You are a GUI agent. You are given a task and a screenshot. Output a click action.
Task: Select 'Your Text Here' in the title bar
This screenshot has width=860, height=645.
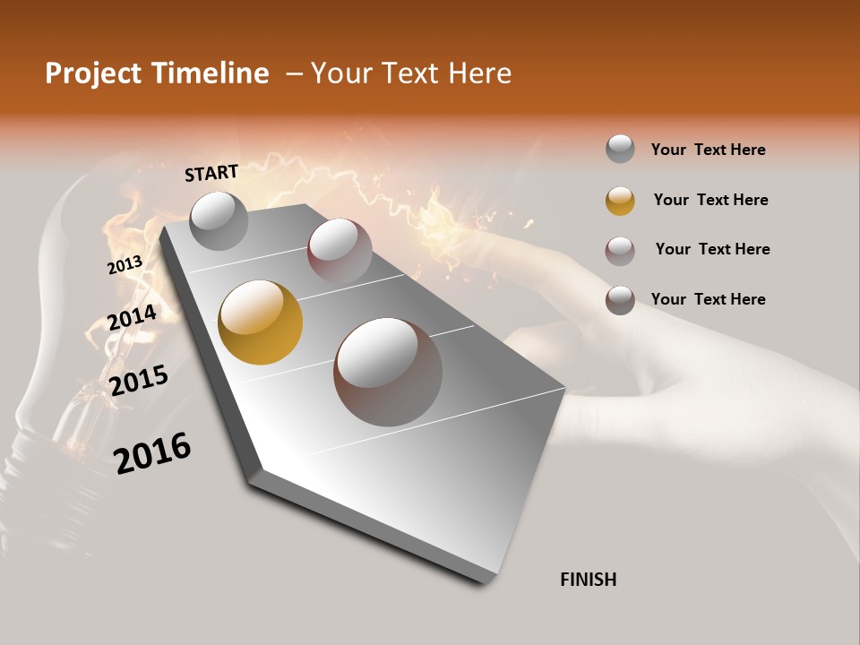411,73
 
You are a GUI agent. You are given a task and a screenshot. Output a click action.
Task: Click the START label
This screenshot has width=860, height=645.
211,173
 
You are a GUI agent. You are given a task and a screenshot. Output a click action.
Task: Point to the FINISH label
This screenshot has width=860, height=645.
589,580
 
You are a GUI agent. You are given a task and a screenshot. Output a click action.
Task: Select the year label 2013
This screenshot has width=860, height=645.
125,265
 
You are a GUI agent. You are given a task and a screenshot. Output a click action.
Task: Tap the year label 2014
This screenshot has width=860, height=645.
132,317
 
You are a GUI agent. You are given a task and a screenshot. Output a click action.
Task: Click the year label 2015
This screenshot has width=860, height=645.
139,380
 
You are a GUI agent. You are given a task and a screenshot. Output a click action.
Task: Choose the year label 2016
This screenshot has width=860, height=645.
152,452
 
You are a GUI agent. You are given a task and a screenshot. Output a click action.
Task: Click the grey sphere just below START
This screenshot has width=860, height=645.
219,220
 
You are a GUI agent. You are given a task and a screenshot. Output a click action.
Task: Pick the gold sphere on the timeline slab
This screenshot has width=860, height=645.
261,322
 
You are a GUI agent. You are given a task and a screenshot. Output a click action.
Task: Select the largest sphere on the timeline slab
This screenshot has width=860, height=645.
388,372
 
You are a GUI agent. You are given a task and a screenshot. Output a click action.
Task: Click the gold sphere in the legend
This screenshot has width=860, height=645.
620,201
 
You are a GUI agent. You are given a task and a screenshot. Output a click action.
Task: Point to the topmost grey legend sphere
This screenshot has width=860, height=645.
620,149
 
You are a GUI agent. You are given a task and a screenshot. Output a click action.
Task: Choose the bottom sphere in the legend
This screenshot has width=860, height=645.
620,300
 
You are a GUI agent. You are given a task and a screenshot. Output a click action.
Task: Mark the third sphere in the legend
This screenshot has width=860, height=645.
620,251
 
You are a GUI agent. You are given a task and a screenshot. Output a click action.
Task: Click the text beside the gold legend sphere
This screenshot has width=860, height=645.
710,200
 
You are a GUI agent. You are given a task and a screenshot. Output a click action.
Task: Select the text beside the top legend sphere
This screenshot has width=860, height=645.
708,150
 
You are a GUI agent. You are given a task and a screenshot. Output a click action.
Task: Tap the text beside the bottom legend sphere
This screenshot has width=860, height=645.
708,299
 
